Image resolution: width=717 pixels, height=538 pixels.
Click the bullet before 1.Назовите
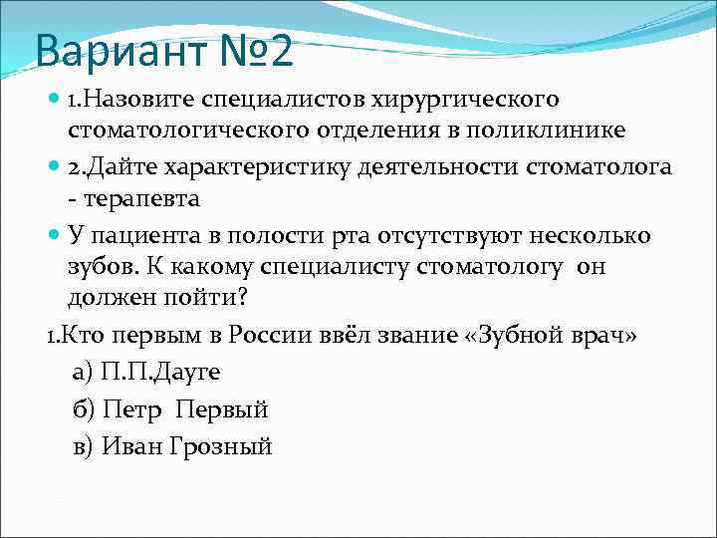click(54, 101)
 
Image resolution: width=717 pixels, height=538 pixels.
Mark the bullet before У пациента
click(54, 236)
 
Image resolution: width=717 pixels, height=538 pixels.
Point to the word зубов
click(102, 267)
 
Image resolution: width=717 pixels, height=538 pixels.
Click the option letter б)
click(84, 409)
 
